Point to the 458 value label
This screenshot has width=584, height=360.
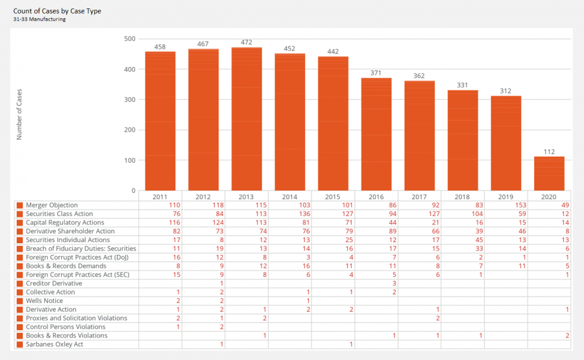coord(160,47)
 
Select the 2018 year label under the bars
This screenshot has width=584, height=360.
coord(462,197)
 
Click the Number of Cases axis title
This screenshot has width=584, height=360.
coord(19,115)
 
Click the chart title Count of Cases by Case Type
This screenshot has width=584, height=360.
coord(57,11)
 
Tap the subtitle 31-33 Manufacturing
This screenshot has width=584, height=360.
coord(40,19)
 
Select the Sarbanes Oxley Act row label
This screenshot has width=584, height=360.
coord(55,344)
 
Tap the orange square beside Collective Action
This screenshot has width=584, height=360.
coord(20,293)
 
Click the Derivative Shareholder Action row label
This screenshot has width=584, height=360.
coord(70,231)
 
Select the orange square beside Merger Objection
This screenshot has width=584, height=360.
coord(20,205)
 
